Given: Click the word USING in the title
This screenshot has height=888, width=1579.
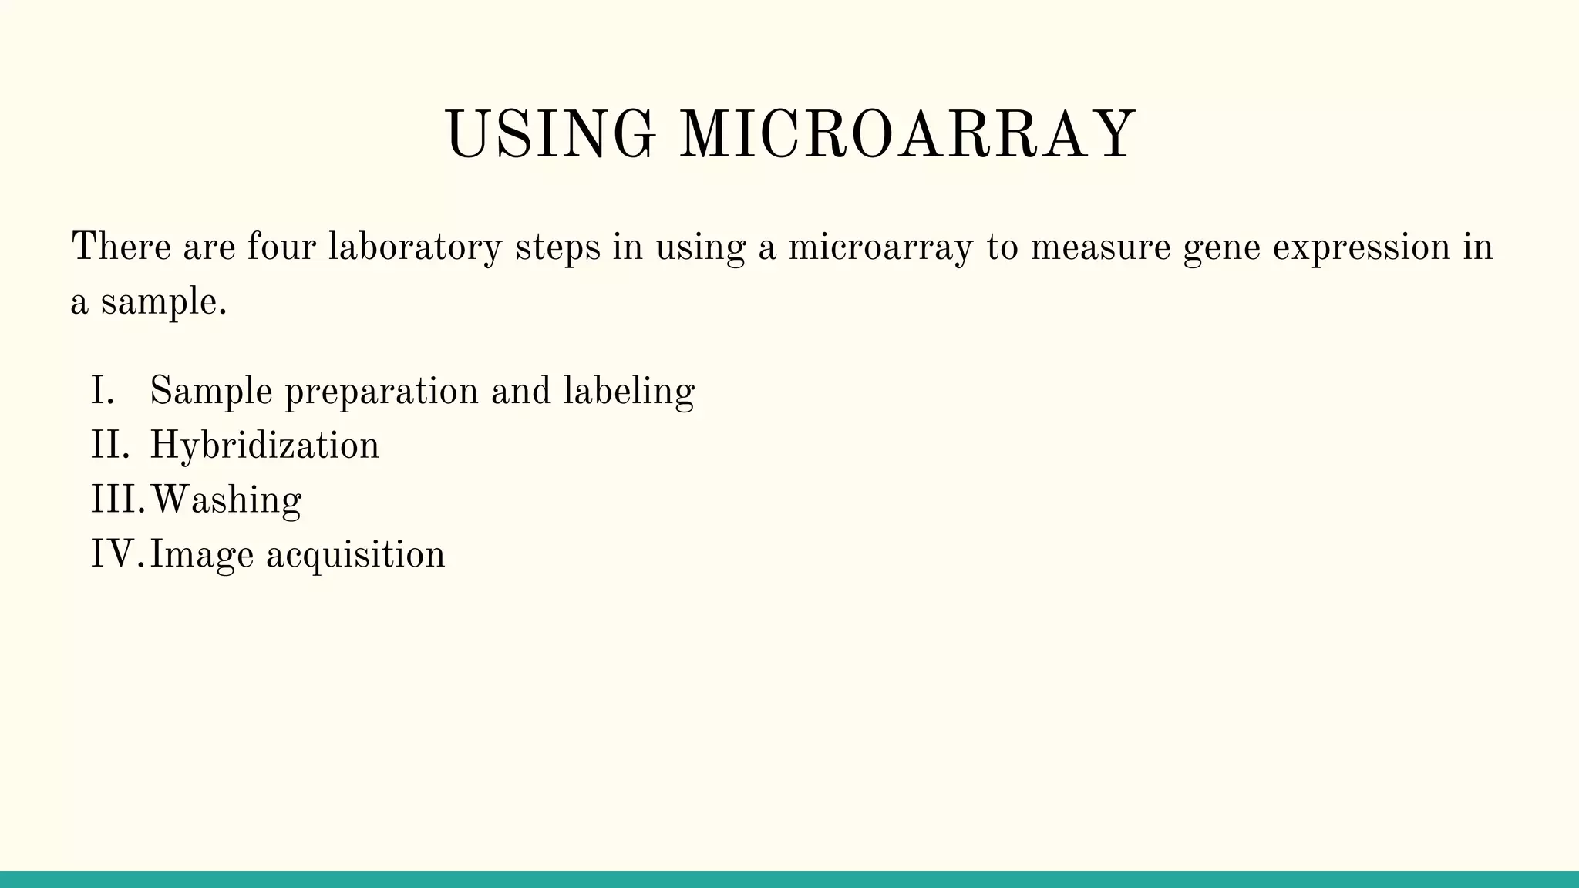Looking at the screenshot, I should coord(550,135).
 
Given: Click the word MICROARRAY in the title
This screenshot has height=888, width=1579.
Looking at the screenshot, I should coord(907,135).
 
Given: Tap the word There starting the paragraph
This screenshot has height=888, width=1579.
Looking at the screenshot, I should coord(121,247).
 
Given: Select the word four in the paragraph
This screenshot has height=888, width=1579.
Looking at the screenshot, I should coord(281,247).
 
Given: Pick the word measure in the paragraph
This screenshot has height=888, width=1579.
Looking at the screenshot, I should coord(1100,247).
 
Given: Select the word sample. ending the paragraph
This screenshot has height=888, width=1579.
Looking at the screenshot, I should coord(163,303).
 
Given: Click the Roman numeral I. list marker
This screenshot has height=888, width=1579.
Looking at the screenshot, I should coord(103,391).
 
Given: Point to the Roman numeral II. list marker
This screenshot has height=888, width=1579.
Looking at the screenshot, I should coord(109,446).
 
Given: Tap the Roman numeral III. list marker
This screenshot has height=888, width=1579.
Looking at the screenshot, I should coord(117,499).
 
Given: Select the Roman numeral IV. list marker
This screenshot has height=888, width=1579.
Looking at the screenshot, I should coord(117,554).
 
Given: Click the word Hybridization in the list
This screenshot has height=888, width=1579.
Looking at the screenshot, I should coord(264,446).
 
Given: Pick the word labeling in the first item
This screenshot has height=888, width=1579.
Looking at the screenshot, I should coord(629,392).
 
